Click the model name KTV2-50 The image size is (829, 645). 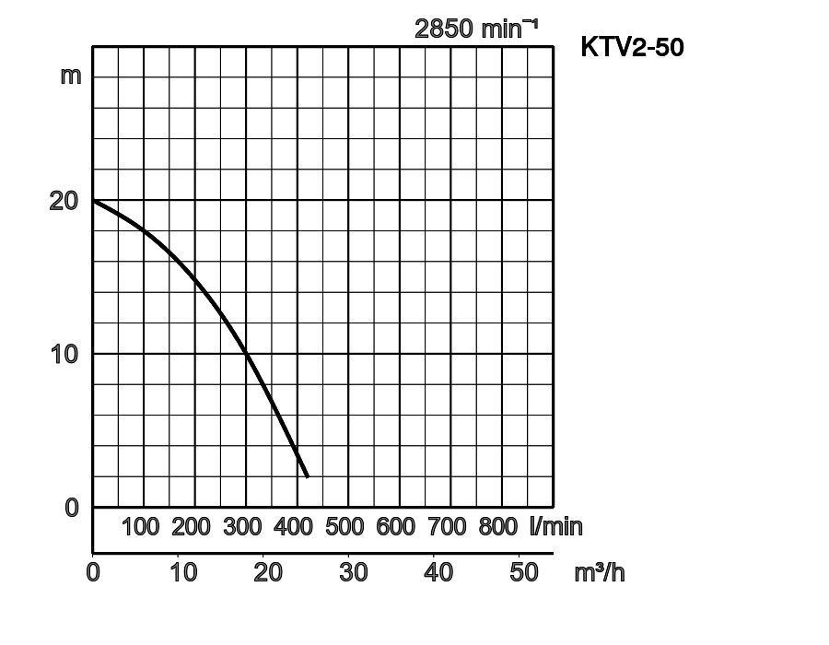point(632,47)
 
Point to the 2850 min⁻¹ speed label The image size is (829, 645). point(475,29)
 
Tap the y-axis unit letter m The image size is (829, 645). point(71,75)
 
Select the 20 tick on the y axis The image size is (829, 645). point(64,200)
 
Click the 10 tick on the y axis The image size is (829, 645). point(64,354)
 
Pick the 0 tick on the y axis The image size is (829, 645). point(72,508)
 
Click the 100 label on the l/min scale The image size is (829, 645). point(141,527)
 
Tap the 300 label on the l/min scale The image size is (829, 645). point(242,527)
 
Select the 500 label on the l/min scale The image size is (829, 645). point(344,527)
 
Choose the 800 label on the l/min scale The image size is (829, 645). point(498,527)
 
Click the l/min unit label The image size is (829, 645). point(555,527)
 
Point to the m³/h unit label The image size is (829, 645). point(599,572)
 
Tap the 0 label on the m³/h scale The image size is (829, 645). point(93,572)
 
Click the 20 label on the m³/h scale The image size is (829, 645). point(268,572)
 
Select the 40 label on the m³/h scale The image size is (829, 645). point(438,572)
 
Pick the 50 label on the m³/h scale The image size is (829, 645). point(524,572)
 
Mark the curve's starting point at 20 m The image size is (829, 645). point(94,201)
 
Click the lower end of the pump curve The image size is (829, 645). point(307,475)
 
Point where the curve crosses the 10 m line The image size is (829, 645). point(247,354)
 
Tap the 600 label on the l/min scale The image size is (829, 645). point(395,527)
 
